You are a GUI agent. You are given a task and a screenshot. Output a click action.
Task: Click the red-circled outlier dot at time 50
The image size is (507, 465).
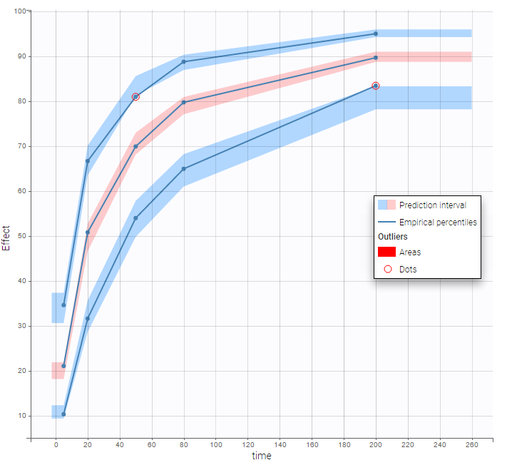(135, 96)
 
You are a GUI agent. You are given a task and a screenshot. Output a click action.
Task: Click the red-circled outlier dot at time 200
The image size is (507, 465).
(376, 86)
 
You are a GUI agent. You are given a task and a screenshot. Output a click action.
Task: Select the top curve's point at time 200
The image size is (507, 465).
(376, 34)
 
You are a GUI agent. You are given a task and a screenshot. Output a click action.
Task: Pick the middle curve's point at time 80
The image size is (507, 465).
(184, 102)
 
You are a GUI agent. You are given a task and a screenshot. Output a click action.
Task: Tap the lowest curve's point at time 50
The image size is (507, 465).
(135, 218)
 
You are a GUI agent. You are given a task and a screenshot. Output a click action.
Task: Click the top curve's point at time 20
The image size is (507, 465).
(88, 160)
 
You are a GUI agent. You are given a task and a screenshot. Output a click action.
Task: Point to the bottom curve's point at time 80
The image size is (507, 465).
(184, 169)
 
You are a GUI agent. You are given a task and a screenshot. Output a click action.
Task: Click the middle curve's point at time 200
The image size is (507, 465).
(376, 58)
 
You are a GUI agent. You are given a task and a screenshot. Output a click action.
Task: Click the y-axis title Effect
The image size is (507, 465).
(7, 237)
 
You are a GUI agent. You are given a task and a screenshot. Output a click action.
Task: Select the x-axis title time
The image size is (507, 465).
(262, 456)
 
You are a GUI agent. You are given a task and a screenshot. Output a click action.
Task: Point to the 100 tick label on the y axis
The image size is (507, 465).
(20, 11)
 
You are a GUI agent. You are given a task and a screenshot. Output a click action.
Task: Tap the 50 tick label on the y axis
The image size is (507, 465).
(22, 236)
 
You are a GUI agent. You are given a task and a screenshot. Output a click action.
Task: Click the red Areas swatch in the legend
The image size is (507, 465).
(386, 252)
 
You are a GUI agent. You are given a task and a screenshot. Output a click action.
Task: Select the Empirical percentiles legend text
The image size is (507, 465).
(438, 223)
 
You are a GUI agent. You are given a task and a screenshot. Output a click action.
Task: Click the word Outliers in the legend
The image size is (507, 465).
(392, 236)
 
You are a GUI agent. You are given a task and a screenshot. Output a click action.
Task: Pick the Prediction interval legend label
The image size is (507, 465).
(432, 205)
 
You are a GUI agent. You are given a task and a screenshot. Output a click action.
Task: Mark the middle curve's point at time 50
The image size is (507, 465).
(135, 146)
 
